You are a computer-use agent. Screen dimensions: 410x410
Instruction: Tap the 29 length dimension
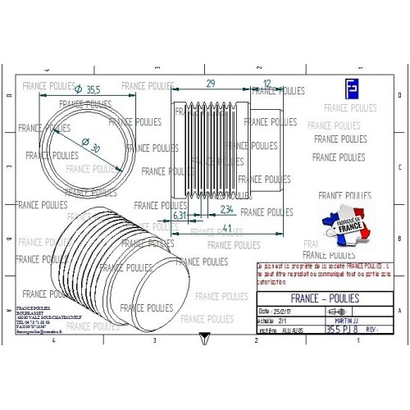point(210,84)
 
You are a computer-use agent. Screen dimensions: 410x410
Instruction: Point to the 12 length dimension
point(266,84)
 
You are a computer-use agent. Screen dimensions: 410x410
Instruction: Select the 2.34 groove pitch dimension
point(227,210)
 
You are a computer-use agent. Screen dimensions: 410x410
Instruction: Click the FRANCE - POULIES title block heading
point(324,298)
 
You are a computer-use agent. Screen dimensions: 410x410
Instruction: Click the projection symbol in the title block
point(335,312)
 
